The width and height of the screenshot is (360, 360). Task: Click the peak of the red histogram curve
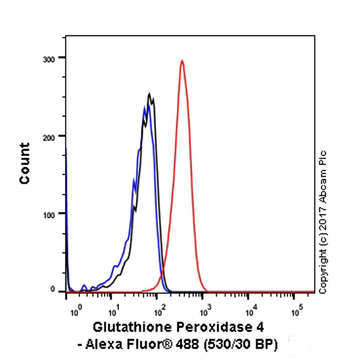point(182,61)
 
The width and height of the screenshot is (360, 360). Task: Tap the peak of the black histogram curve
point(150,94)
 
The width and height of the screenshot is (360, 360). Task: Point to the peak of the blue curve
point(145,107)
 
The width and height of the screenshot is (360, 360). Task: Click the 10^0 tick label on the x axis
point(74,311)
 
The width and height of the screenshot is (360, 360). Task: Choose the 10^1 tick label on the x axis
point(113,311)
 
